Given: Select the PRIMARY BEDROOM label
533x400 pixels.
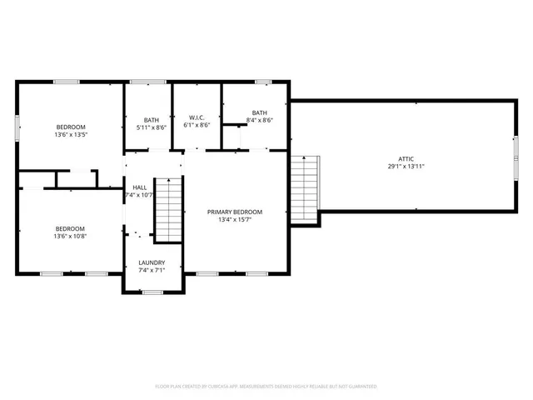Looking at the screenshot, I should click(235, 212).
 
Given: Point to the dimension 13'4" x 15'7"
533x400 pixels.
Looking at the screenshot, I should click(235, 221).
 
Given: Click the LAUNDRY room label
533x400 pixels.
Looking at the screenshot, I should click(152, 262).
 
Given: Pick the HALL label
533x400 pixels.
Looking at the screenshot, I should click(140, 187).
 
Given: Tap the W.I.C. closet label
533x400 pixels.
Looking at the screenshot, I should click(197, 117).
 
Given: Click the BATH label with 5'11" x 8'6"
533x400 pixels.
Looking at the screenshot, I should click(151, 119).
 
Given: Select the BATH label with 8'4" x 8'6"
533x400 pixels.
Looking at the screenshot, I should click(260, 112).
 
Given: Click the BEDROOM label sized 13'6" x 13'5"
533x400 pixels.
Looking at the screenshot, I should click(70, 127).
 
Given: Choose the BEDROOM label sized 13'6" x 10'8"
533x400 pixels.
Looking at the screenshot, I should click(70, 228).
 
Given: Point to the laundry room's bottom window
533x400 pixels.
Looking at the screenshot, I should click(152, 292).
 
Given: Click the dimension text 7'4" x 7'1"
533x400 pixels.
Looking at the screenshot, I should click(152, 271).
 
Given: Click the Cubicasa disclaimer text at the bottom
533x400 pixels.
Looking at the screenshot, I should click(266, 387).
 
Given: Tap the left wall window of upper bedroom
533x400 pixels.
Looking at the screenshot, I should click(17, 126).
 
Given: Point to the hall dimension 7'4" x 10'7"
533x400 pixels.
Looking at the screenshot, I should click(140, 196).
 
